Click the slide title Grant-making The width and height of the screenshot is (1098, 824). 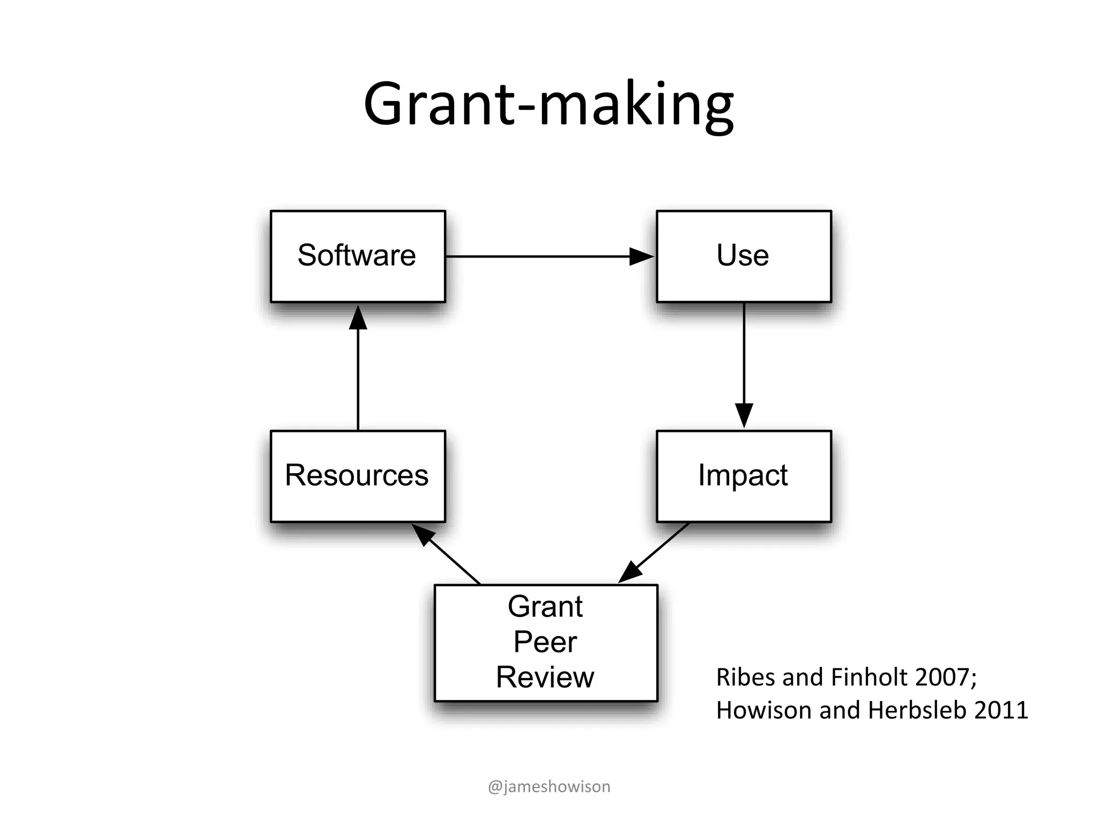tap(548, 105)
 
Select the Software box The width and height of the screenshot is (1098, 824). tap(358, 256)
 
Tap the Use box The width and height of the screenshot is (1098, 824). tap(744, 256)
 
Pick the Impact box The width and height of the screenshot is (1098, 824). tap(744, 476)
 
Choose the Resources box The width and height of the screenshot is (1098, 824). tap(358, 476)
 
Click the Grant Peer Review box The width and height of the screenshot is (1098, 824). tap(545, 642)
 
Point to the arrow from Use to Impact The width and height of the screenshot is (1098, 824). tap(744, 365)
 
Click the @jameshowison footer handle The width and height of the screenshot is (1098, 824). tap(549, 786)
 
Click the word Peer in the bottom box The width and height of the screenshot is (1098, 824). tap(545, 642)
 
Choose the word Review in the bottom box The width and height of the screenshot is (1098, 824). tap(545, 677)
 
